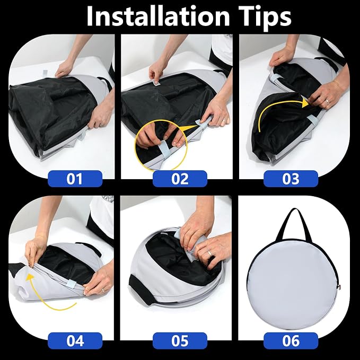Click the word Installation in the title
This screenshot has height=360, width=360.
[158, 16]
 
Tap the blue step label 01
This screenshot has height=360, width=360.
[75, 179]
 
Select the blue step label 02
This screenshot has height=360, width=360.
[180, 179]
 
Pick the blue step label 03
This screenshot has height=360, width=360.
[291, 179]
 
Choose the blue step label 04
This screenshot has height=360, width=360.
[75, 341]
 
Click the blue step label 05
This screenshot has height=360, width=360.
[180, 341]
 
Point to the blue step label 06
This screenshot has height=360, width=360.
[291, 341]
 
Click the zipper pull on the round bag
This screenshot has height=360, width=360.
[339, 286]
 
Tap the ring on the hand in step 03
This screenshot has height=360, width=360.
[327, 101]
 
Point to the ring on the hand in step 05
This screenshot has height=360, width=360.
[209, 254]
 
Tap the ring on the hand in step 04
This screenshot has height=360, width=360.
[103, 290]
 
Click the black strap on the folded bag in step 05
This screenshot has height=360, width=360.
[141, 289]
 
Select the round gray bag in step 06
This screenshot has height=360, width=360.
[293, 285]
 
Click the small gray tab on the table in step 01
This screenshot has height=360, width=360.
[45, 73]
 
